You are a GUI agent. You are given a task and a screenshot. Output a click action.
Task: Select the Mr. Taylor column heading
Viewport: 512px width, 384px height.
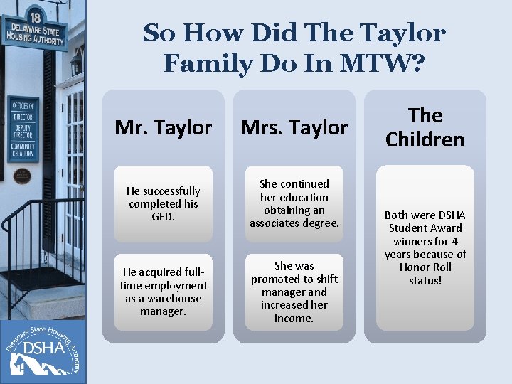(x=163, y=127)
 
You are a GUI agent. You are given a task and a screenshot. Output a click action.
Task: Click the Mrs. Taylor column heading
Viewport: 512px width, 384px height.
(x=294, y=127)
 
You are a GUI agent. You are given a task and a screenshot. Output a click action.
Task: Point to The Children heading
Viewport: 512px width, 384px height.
(x=425, y=127)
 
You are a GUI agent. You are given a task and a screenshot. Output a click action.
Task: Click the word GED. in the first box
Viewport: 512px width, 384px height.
(x=163, y=217)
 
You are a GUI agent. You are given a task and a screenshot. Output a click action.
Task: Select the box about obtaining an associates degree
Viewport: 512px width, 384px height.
(x=294, y=203)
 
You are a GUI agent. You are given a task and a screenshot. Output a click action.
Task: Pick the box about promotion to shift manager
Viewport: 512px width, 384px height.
(x=294, y=292)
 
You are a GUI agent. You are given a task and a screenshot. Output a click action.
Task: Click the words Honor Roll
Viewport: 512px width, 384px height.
(x=425, y=267)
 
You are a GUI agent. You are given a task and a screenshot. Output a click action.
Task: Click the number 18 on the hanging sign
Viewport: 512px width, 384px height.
(x=35, y=16)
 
